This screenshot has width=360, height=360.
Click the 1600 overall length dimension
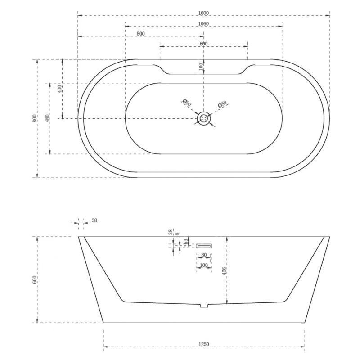[x=203, y=12]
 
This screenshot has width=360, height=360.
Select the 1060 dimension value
[x=203, y=23]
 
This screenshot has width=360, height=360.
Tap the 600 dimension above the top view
[x=203, y=43]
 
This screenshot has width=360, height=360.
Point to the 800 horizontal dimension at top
[x=140, y=34]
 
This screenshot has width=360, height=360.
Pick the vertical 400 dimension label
[x=59, y=88]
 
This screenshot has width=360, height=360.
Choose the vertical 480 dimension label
[x=47, y=118]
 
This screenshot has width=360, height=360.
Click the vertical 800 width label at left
[x=34, y=118]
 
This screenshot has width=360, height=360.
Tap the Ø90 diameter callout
[x=187, y=103]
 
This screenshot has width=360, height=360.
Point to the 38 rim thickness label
[x=94, y=220]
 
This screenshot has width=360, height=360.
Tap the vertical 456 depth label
[x=224, y=270]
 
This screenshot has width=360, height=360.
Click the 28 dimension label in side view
[x=171, y=233]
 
